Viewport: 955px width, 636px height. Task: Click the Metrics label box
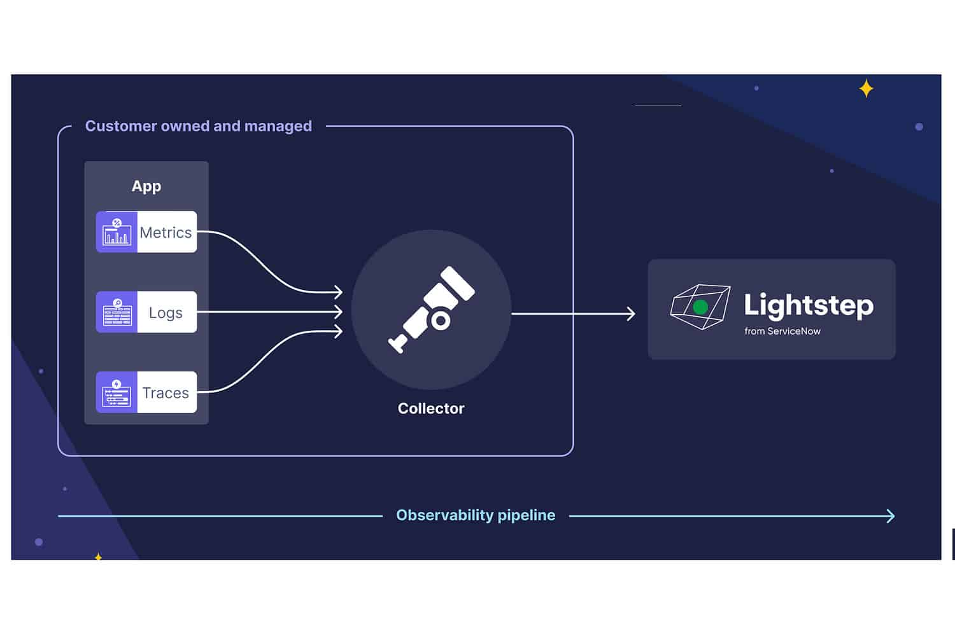coord(166,232)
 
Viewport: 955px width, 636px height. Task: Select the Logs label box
coord(166,312)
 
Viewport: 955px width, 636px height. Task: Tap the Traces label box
coord(166,392)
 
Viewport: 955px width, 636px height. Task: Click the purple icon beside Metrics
coord(117,232)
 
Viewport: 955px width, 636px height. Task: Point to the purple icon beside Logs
coord(117,312)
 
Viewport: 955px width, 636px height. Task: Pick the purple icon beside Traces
coord(117,392)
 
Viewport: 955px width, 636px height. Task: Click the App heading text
coord(146,186)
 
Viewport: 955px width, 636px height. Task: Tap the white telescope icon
coord(432,309)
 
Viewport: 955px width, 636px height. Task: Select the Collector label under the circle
coord(431,408)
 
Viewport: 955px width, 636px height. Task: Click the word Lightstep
coord(809,305)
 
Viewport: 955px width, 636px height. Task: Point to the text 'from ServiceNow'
coord(782,331)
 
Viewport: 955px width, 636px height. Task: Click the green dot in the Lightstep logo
coord(700,308)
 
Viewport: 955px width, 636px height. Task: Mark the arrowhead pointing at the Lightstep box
coord(631,314)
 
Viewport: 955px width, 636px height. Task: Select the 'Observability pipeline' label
coord(476,515)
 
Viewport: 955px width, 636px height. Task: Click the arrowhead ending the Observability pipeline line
coord(891,516)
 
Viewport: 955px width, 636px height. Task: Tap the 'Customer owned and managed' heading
coord(199,126)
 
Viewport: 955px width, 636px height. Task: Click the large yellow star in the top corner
coord(866,88)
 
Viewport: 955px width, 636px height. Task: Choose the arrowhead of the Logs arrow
coord(339,312)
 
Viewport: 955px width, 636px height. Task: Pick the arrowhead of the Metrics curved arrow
coord(339,292)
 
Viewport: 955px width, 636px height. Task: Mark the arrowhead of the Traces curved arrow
coord(339,331)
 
